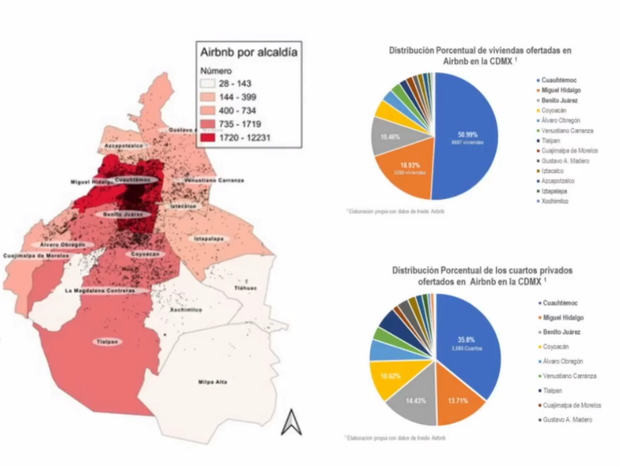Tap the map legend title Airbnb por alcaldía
pos(247,52)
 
